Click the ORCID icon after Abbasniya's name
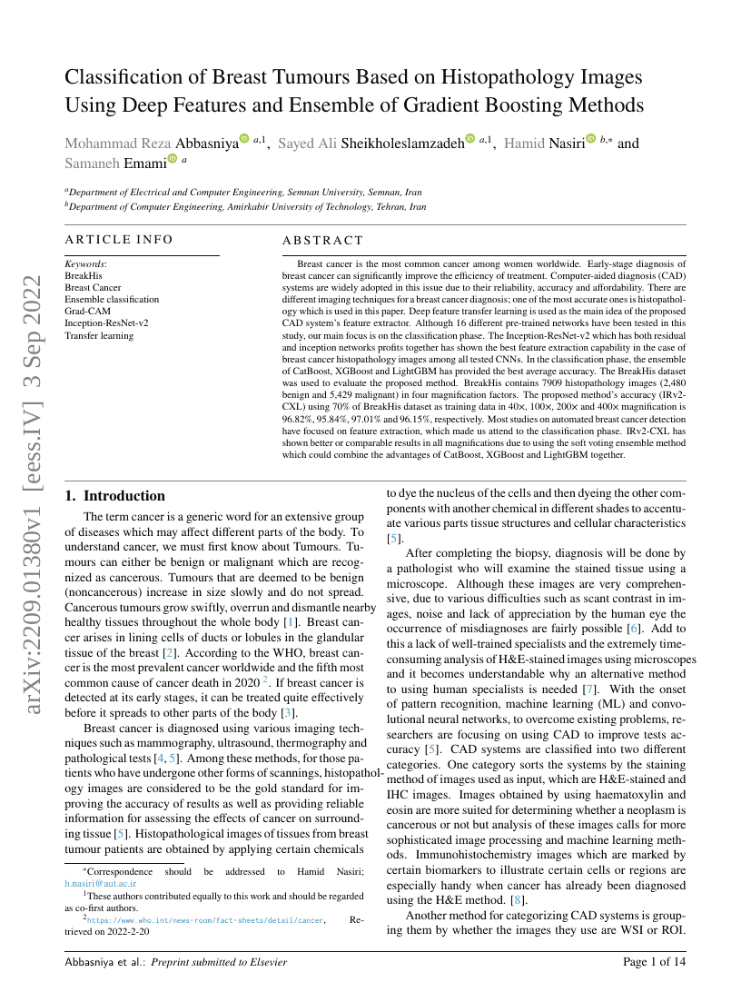(x=243, y=140)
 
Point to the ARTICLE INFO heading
(x=118, y=240)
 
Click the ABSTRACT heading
(x=322, y=240)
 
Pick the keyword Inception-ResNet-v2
(x=106, y=322)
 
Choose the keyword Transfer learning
(x=99, y=335)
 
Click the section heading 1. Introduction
(x=115, y=496)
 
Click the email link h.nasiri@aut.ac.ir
(x=101, y=882)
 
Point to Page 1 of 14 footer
(x=654, y=961)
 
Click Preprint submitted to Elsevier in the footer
(x=219, y=961)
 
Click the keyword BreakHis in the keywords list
(x=84, y=274)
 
